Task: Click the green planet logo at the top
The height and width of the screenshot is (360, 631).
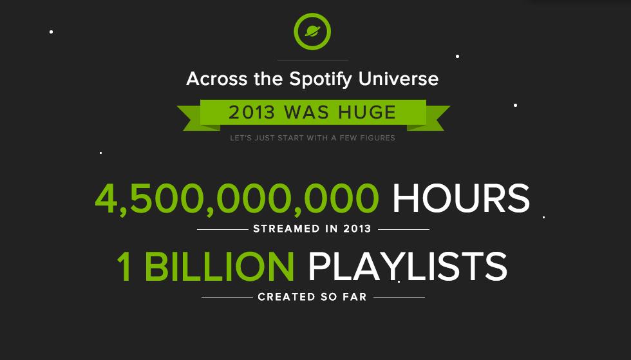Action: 312,32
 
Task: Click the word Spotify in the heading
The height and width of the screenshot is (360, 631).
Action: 321,79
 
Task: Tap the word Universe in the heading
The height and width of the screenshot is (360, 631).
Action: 399,79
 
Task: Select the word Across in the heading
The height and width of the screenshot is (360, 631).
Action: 216,79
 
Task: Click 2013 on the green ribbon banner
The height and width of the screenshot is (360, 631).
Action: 252,112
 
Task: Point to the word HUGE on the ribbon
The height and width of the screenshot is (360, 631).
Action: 367,112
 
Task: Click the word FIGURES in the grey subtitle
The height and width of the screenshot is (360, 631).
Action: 378,138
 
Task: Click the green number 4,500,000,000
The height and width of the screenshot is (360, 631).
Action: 237,198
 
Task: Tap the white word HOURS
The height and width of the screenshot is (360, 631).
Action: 461,198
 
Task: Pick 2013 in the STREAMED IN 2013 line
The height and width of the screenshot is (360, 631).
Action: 357,229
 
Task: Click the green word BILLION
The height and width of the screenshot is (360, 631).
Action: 220,267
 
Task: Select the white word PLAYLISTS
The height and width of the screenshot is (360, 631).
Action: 408,267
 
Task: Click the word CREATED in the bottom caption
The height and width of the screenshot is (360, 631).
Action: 287,297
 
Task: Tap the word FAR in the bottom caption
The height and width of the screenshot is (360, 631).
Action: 355,297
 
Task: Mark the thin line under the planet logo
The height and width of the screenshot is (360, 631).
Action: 313,61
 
